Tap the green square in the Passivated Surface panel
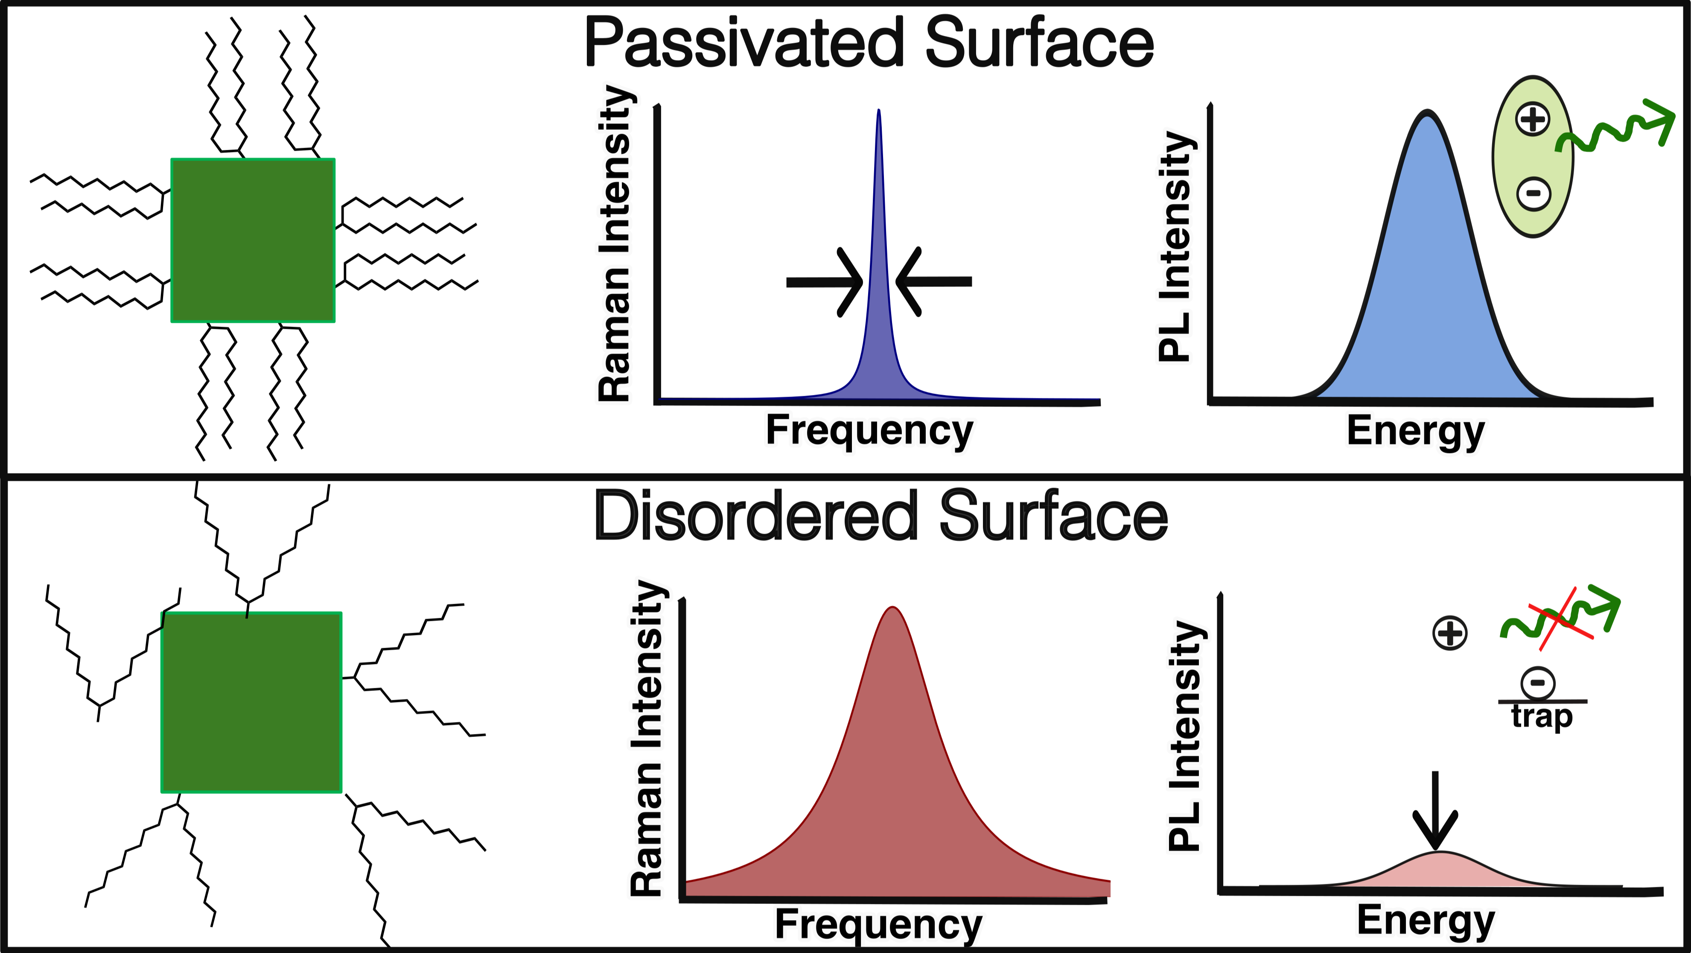coord(253,240)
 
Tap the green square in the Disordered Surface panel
coord(251,702)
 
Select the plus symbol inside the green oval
coord(1533,120)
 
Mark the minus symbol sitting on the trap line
coord(1537,683)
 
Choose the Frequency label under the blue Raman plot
coord(870,431)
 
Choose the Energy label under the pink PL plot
coord(1426,920)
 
